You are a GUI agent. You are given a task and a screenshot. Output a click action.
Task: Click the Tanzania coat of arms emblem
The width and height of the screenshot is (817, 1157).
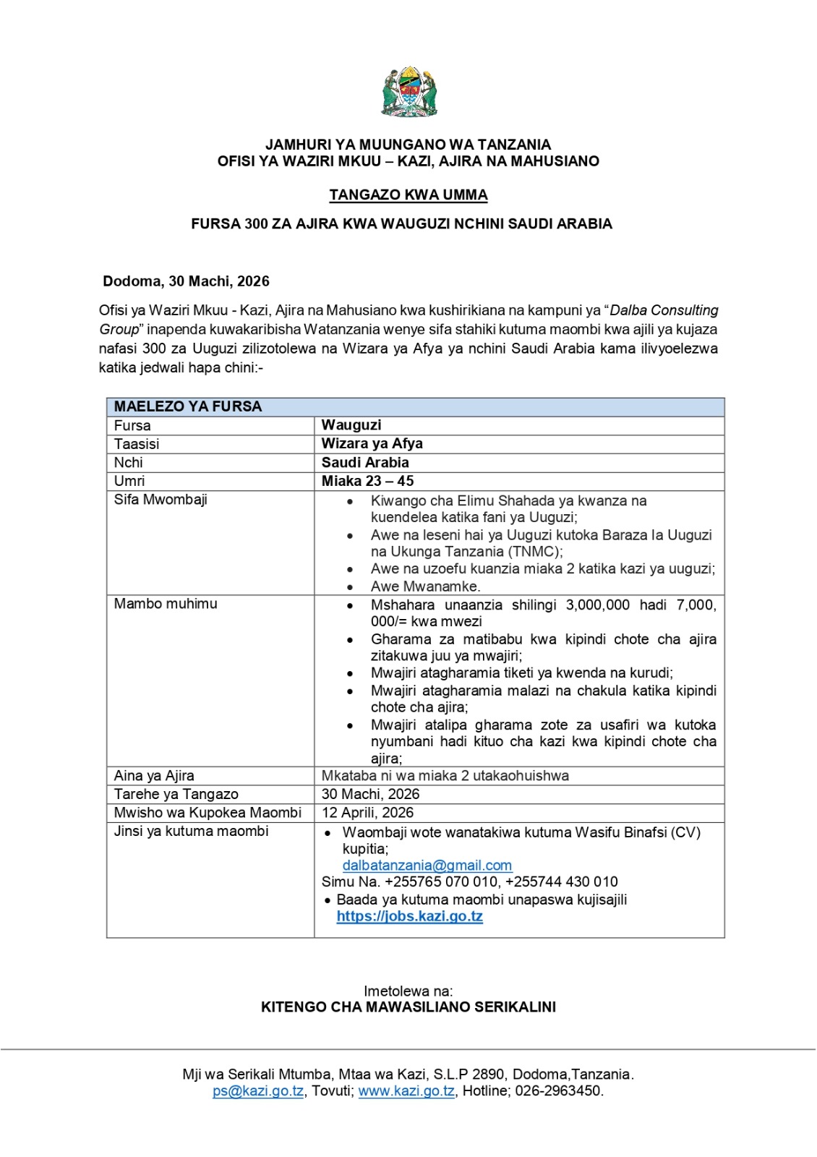(x=408, y=92)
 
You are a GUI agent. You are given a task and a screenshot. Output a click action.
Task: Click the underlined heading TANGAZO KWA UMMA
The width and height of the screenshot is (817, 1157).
(x=408, y=195)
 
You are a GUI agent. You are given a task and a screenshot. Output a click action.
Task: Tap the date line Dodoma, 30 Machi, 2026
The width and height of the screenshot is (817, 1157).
(x=186, y=281)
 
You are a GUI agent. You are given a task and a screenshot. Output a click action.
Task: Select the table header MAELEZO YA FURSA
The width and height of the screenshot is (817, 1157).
(x=188, y=406)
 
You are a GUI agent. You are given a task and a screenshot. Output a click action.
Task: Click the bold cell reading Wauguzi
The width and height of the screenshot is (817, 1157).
(x=351, y=425)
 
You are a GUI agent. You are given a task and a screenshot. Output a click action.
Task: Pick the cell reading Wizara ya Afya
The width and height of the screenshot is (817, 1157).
(x=372, y=444)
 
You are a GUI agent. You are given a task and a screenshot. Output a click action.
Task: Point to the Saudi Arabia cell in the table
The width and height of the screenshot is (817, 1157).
(x=365, y=463)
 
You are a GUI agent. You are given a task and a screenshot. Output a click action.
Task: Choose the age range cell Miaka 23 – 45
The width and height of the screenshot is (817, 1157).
(x=367, y=482)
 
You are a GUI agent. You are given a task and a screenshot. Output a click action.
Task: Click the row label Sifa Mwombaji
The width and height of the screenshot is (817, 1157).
(x=161, y=500)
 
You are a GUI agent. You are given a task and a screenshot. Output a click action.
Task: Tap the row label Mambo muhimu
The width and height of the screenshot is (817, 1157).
(x=166, y=604)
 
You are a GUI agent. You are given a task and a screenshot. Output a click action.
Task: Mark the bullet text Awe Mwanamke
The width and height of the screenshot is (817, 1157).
(x=425, y=586)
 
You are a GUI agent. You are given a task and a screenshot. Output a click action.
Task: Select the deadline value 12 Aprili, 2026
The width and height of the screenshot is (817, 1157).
(x=367, y=813)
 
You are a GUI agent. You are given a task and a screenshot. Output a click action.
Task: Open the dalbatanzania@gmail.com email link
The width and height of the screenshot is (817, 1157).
(x=427, y=866)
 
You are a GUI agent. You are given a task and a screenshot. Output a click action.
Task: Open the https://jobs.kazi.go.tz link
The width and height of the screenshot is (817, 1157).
(x=409, y=916)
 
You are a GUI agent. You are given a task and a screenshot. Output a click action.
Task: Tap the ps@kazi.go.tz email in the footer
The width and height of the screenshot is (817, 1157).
(x=258, y=1091)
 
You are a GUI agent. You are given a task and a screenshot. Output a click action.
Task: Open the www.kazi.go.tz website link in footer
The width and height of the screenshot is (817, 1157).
(x=406, y=1091)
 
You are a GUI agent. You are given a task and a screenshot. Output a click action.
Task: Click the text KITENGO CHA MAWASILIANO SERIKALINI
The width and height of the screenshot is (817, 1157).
(x=408, y=1007)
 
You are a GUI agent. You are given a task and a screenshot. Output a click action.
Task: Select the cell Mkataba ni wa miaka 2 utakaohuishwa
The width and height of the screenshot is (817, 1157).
(x=445, y=776)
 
